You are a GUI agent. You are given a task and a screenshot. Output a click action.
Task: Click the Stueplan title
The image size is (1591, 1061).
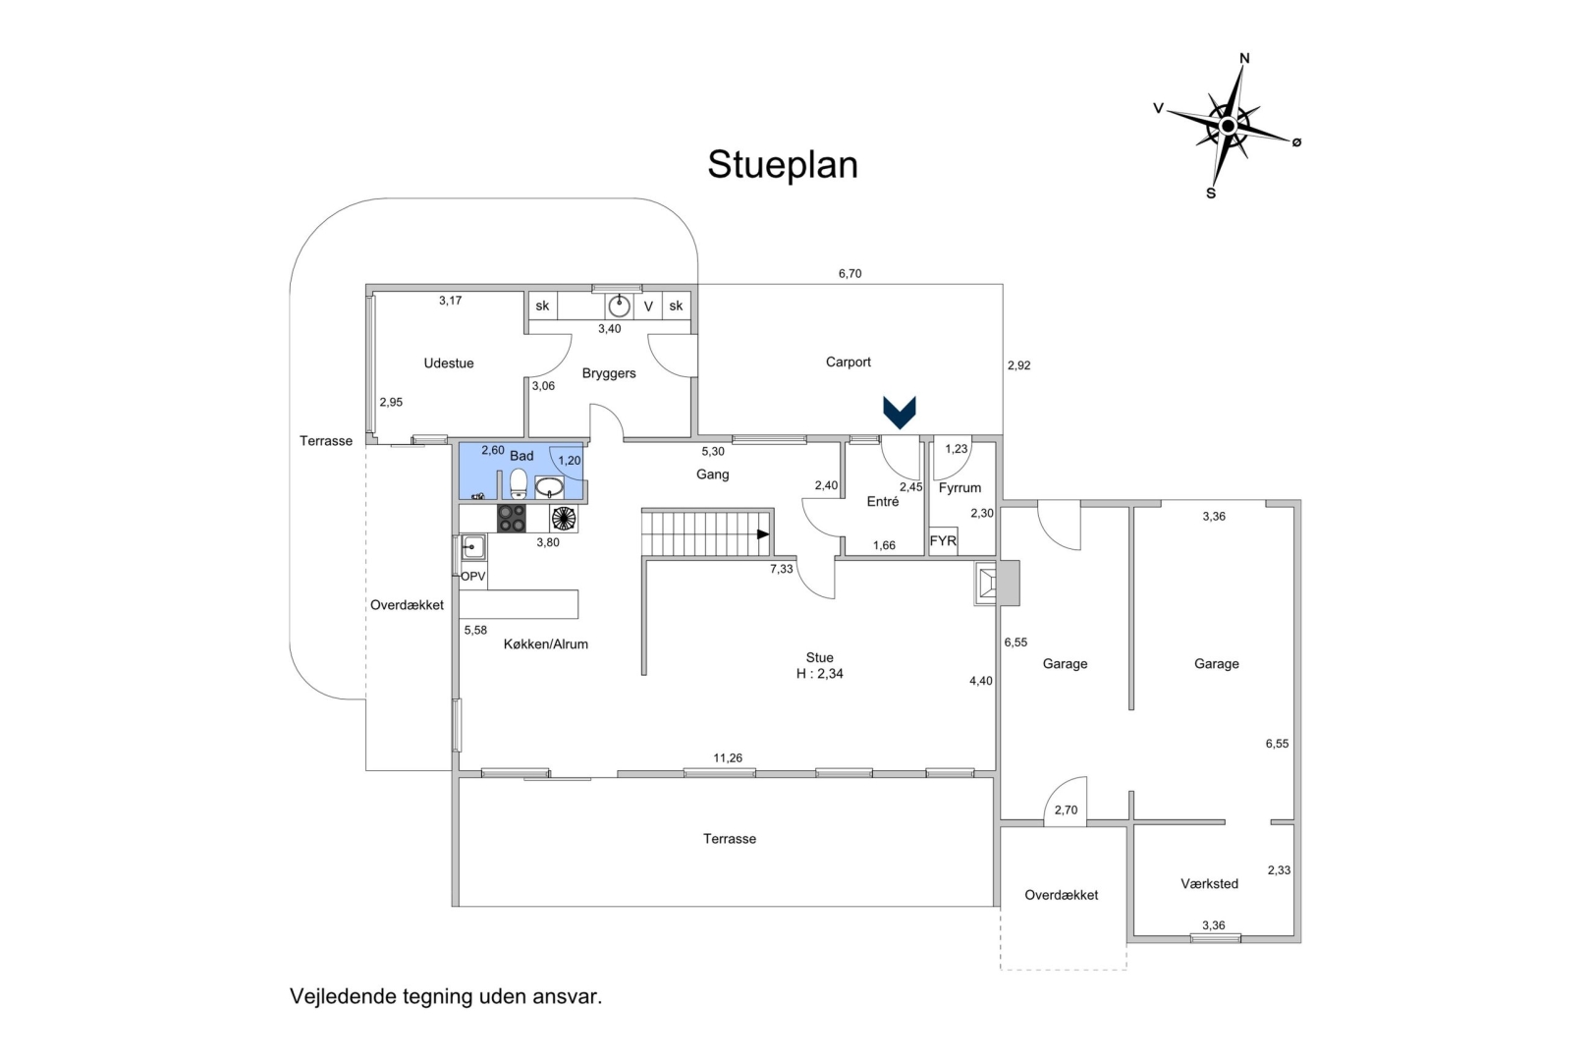pyautogui.click(x=783, y=165)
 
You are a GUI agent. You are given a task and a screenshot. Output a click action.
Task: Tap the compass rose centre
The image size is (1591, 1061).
pyautogui.click(x=1228, y=126)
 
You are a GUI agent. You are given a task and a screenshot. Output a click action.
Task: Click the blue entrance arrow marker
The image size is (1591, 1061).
pyautogui.click(x=899, y=413)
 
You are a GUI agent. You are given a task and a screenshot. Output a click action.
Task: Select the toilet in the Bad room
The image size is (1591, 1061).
pyautogui.click(x=518, y=482)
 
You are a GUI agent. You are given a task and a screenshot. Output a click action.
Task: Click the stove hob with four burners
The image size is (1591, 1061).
pyautogui.click(x=511, y=518)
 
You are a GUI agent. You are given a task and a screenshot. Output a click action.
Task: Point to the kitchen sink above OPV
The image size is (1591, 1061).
pyautogui.click(x=473, y=547)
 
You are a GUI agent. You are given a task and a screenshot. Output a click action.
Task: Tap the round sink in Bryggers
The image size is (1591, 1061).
pyautogui.click(x=619, y=306)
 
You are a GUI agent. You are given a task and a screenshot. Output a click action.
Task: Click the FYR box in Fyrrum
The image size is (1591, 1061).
pyautogui.click(x=943, y=541)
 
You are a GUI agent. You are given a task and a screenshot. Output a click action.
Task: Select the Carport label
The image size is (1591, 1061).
pyautogui.click(x=848, y=363)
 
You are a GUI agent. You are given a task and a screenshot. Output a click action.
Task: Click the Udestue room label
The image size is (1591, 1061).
pyautogui.click(x=449, y=363)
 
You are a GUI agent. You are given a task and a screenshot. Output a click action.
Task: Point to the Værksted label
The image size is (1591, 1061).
pyautogui.click(x=1209, y=884)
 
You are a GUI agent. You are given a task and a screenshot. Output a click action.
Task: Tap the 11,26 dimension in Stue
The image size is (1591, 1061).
pyautogui.click(x=728, y=758)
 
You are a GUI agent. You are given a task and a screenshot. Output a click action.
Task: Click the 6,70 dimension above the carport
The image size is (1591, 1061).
pyautogui.click(x=850, y=274)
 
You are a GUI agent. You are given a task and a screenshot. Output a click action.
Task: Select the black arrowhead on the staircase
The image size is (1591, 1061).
pyautogui.click(x=763, y=533)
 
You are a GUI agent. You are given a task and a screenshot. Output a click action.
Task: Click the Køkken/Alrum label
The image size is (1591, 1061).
pyautogui.click(x=545, y=644)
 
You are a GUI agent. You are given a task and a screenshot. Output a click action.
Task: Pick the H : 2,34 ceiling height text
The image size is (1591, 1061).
pyautogui.click(x=819, y=674)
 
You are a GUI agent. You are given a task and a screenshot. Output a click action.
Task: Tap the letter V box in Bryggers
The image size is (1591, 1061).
pyautogui.click(x=648, y=307)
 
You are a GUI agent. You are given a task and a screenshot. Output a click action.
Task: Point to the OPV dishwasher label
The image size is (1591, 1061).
pyautogui.click(x=472, y=577)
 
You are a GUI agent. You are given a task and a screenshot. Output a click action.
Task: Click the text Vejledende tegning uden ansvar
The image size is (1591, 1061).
pyautogui.click(x=446, y=996)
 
